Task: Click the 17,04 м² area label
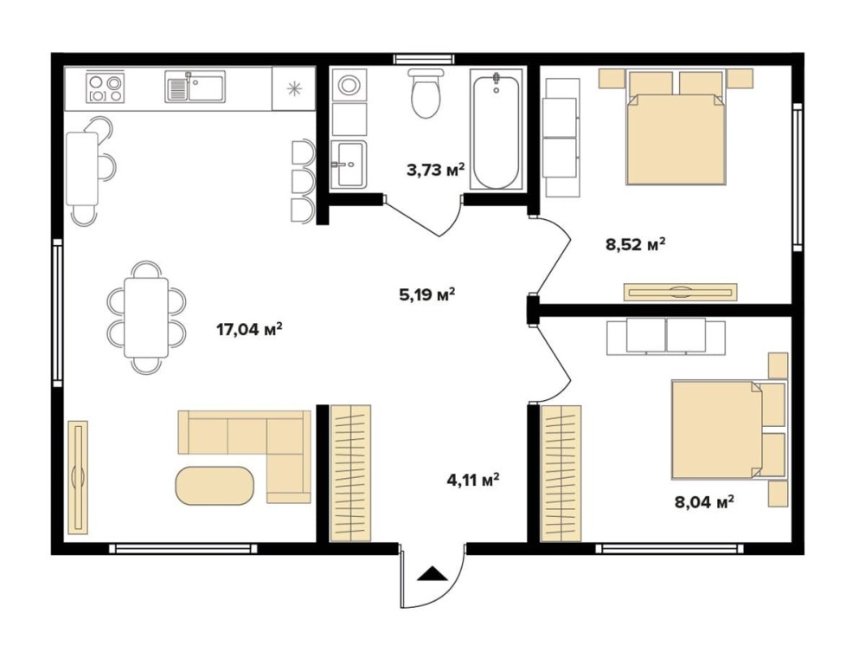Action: pos(249,330)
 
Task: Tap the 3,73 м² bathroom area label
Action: pos(435,170)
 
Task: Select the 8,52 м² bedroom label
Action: pos(635,243)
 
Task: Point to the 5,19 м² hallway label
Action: pos(427,294)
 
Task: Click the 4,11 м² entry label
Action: pos(473,479)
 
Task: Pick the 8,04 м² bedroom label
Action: pos(704,501)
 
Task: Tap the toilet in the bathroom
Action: pos(426,92)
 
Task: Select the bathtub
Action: pos(496,130)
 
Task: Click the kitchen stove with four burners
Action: pos(106,88)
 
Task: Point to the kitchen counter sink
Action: pos(195,87)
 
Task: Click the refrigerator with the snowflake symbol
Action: pos(293,88)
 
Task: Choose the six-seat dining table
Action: pos(146,317)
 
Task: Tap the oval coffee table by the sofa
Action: pos(215,485)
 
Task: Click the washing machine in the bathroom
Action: pos(349,85)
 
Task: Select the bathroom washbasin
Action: pos(349,164)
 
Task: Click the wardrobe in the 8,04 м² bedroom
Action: pos(561,473)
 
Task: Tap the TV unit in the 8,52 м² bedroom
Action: pos(680,292)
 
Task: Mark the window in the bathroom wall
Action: pos(425,59)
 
